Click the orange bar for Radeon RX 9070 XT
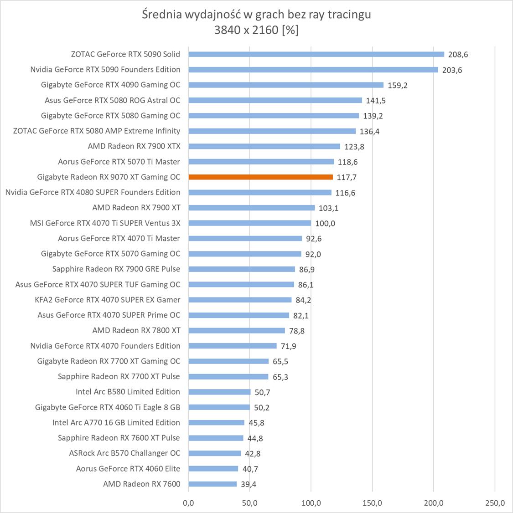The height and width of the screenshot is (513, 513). coord(260,177)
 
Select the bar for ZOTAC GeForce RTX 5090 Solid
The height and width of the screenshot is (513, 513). coord(316,54)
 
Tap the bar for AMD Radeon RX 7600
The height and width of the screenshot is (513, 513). coord(212,484)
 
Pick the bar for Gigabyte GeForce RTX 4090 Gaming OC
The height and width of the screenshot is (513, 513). coord(286,85)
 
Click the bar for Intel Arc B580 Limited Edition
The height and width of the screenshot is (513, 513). coord(219,392)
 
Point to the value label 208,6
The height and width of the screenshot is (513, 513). coord(458,55)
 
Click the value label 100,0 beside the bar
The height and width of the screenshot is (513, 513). coord(325,223)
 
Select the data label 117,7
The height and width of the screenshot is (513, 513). coord(347,177)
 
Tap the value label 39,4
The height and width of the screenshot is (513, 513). coord(249,484)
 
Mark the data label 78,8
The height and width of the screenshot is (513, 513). coord(296,331)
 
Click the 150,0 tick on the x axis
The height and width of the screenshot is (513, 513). coord(373,503)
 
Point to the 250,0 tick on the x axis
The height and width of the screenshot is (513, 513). coord(495,503)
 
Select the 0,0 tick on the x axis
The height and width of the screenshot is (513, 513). coord(188,503)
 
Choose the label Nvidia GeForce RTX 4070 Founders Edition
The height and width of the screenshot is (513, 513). coord(105,346)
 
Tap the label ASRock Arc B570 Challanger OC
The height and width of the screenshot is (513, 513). coord(124,453)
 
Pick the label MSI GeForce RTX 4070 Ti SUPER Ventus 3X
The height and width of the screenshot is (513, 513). coord(105,223)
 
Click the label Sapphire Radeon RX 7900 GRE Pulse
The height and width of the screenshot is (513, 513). coord(116,269)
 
